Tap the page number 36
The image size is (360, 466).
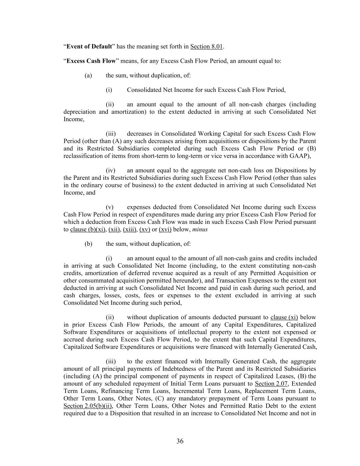click(x=180, y=441)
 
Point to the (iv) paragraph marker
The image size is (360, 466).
click(x=111, y=170)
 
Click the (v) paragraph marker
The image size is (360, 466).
click(x=110, y=207)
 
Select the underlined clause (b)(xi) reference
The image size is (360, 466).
click(x=88, y=229)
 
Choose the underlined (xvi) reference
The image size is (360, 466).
click(x=165, y=229)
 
